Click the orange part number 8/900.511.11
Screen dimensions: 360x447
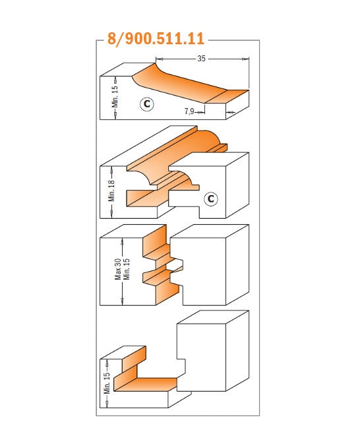156,38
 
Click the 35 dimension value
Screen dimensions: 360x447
201,59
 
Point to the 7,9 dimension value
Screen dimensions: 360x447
189,111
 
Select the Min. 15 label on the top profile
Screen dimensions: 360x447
115,96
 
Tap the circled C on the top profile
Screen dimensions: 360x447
147,104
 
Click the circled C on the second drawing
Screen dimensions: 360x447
211,198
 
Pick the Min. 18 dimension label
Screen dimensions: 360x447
111,191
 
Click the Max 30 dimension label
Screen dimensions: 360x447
118,269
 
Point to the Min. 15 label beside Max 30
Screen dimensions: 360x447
127,269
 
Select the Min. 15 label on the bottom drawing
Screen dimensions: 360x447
107,383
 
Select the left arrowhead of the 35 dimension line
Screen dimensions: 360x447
160,59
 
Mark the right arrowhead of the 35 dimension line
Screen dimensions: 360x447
245,59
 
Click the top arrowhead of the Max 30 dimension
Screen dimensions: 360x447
123,243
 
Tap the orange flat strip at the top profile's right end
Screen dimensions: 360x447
227,96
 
